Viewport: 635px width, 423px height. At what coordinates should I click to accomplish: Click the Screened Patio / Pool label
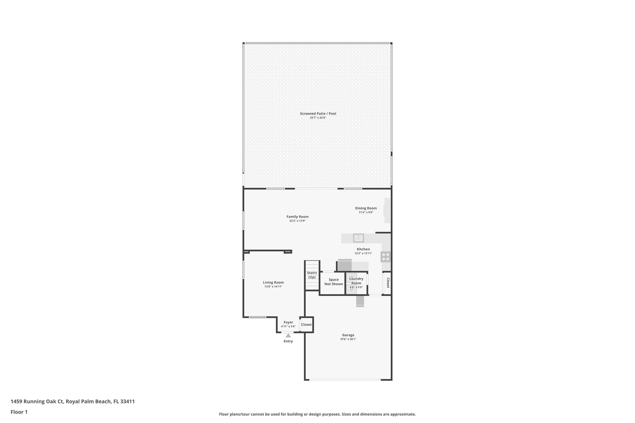[x=318, y=113]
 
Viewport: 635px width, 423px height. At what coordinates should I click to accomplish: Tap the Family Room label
[x=297, y=217]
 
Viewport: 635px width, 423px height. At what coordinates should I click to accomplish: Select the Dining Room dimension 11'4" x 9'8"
[x=366, y=212]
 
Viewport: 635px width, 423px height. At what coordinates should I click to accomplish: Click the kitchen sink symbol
[x=358, y=238]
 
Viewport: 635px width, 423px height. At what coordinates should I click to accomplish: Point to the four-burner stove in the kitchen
[x=386, y=257]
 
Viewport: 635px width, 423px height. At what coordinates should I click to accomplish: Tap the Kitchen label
[x=363, y=249]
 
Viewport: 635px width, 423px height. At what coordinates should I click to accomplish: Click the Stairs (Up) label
[x=312, y=275]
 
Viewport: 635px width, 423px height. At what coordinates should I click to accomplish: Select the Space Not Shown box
[x=334, y=282]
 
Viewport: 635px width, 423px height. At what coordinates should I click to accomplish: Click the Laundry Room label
[x=356, y=281]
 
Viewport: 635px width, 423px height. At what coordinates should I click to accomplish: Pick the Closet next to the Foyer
[x=306, y=324]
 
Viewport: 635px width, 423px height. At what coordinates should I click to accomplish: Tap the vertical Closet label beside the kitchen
[x=388, y=283]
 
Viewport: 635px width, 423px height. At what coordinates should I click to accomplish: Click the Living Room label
[x=273, y=282]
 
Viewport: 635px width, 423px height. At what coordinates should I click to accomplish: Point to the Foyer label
[x=288, y=322]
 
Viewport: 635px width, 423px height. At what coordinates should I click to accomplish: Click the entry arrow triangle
[x=288, y=335]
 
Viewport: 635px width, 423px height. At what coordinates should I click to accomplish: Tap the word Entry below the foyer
[x=288, y=341]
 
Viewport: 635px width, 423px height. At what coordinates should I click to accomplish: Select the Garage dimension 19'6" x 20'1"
[x=348, y=339]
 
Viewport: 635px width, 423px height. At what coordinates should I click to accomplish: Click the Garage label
[x=348, y=335]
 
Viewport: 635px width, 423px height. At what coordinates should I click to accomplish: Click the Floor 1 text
[x=19, y=412]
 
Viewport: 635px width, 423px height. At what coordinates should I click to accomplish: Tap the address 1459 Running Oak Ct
[x=73, y=401]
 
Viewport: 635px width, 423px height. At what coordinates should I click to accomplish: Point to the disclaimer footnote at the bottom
[x=317, y=414]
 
